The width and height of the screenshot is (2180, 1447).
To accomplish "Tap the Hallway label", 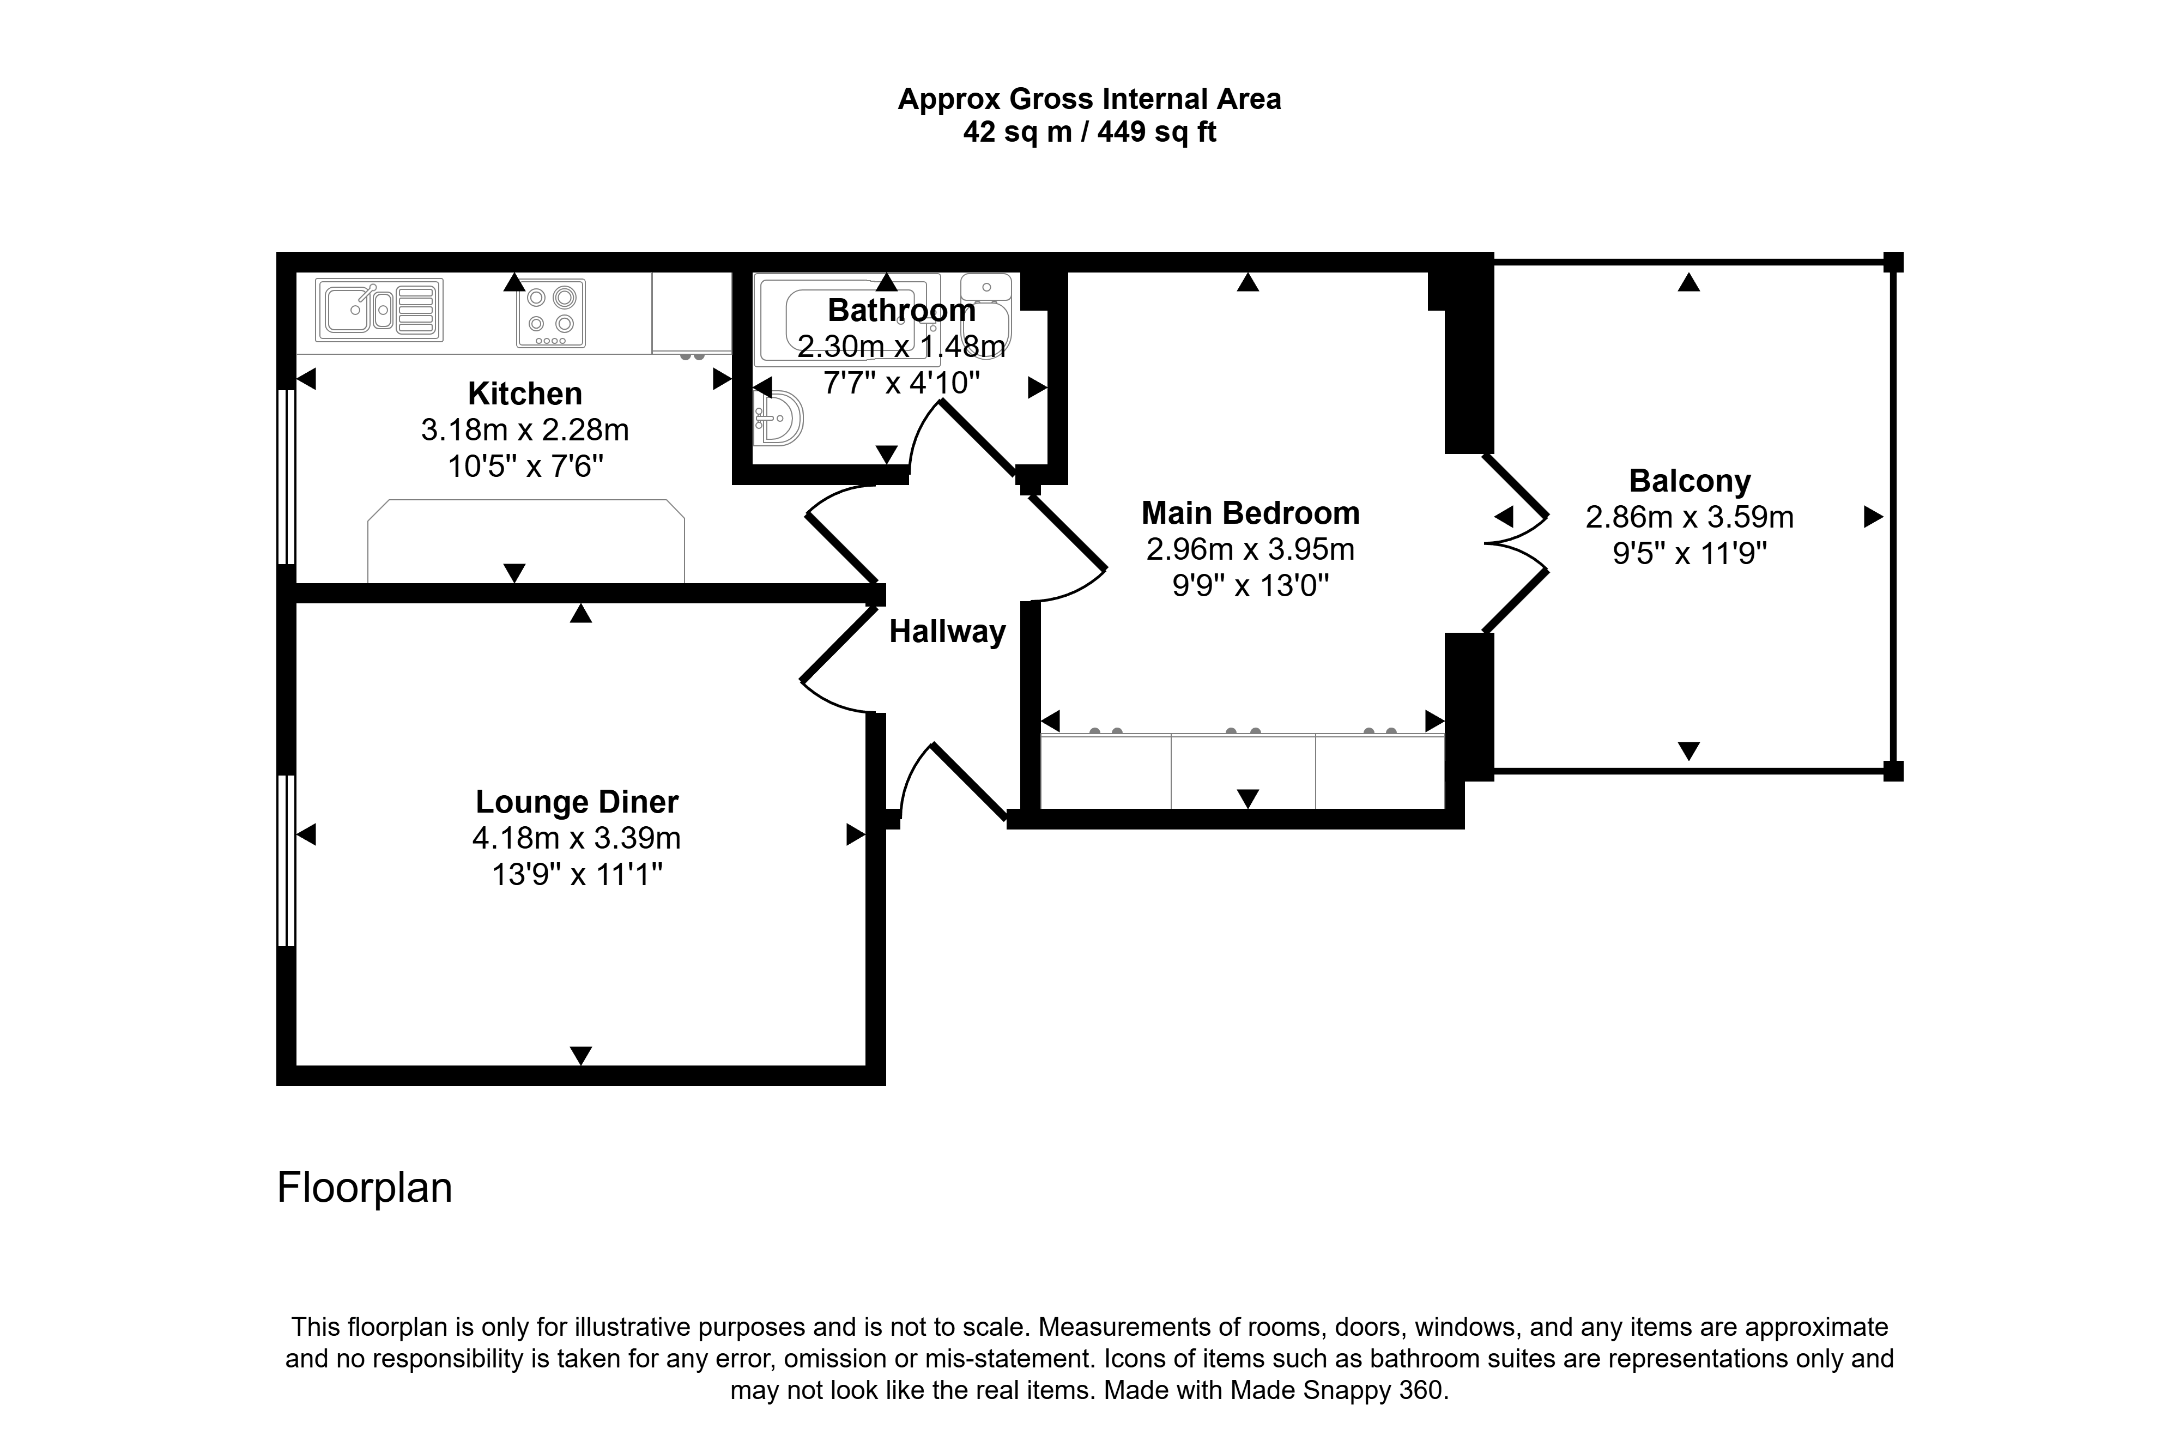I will click(947, 632).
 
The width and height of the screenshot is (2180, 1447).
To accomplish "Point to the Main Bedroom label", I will click(1250, 513).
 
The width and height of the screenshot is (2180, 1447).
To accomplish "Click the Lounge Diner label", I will click(577, 802).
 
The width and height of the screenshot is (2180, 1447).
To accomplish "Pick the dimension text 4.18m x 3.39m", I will click(577, 838).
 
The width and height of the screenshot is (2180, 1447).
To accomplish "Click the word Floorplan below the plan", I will click(365, 1188).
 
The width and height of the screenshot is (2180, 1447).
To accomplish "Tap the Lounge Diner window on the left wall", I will click(287, 860).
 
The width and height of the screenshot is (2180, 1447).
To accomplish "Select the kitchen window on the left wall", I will click(287, 476).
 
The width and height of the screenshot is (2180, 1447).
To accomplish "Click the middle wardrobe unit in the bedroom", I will click(1243, 772).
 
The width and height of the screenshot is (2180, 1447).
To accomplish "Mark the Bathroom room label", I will click(900, 310).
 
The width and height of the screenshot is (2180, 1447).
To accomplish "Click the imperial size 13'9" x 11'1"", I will click(577, 874).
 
